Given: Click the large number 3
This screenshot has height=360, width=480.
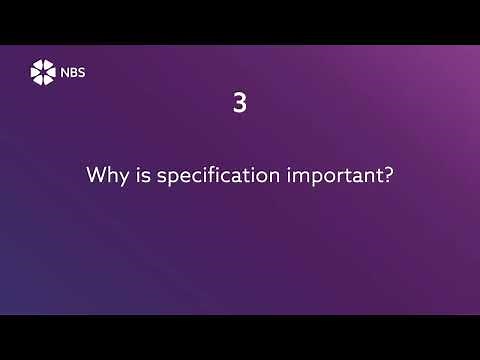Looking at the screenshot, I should (239, 103).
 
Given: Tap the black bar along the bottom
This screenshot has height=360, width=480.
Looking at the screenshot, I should (240, 337).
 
